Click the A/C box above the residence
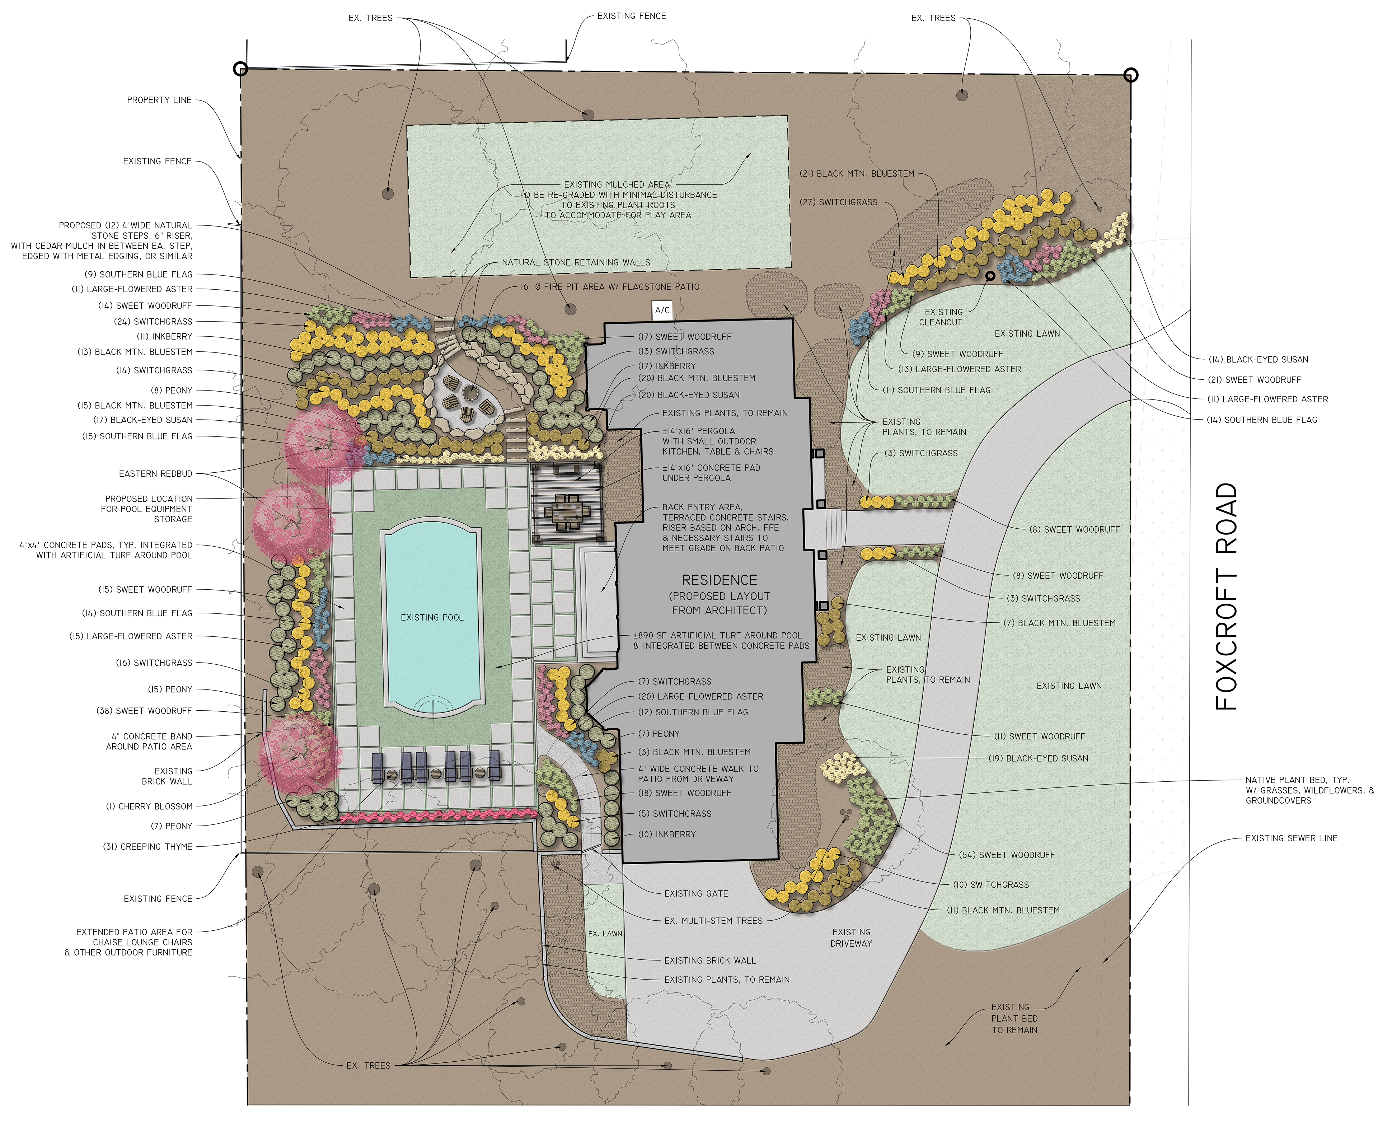[662, 310]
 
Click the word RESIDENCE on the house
[719, 580]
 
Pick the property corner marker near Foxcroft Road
[1131, 75]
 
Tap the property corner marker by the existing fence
[240, 69]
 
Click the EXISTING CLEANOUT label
[942, 317]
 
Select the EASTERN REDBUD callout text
[156, 474]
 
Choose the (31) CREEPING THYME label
[148, 847]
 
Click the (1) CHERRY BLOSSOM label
[149, 806]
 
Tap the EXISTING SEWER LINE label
[1291, 838]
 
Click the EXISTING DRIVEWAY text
[851, 937]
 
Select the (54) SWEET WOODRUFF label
[1007, 855]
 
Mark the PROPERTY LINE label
[159, 100]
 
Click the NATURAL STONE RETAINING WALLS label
[576, 262]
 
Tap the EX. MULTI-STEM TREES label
[713, 921]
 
